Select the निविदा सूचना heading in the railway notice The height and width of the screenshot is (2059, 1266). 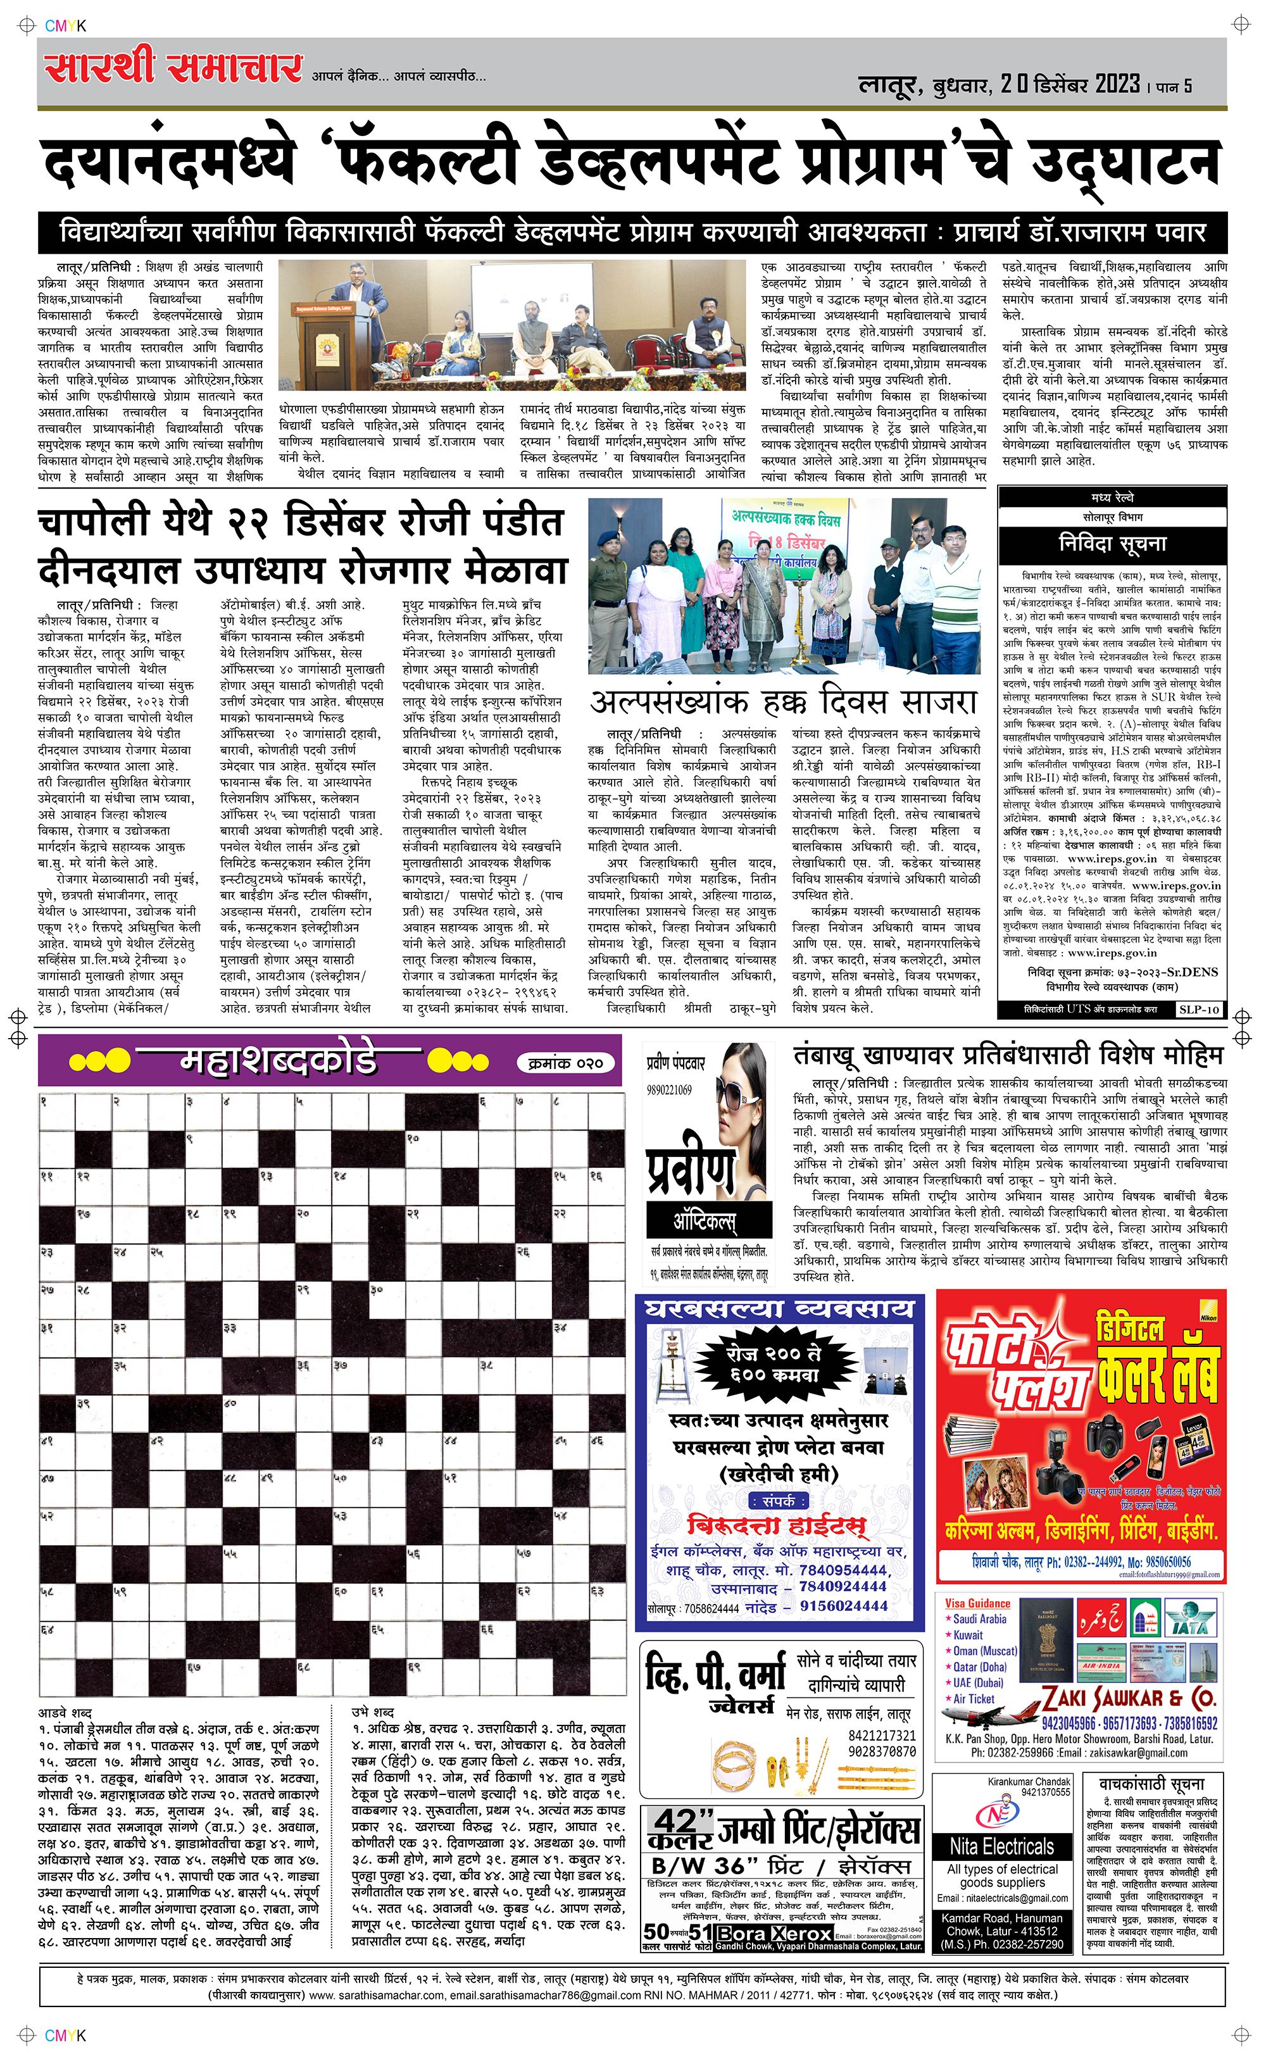tap(1112, 544)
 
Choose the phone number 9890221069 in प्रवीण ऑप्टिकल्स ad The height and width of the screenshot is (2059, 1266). tap(668, 1090)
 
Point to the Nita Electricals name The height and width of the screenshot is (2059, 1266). tap(1001, 1846)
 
